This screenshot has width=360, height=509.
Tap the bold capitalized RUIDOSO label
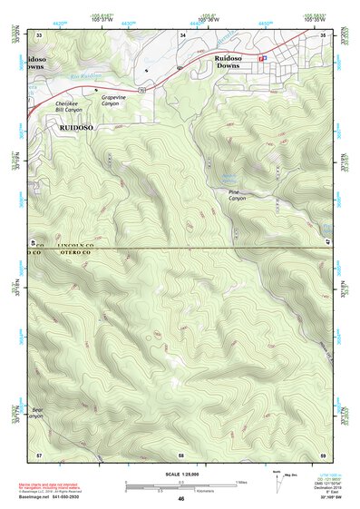tap(83, 129)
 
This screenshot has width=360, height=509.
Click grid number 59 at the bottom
tap(323, 454)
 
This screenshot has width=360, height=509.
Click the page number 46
tap(180, 500)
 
